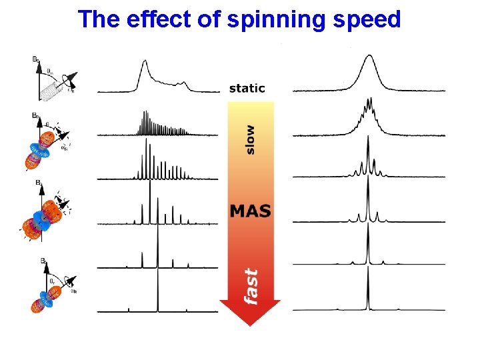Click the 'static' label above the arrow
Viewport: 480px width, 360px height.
[x=247, y=88]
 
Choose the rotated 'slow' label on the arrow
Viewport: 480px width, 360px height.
[x=250, y=139]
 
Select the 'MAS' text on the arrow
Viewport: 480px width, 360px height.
[x=250, y=211]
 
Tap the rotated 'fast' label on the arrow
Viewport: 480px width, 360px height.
[x=251, y=286]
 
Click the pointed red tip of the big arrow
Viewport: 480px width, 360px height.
[x=249, y=323]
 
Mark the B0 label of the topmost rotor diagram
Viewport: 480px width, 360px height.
[x=35, y=60]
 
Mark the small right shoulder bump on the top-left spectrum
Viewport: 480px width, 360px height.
[x=185, y=83]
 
